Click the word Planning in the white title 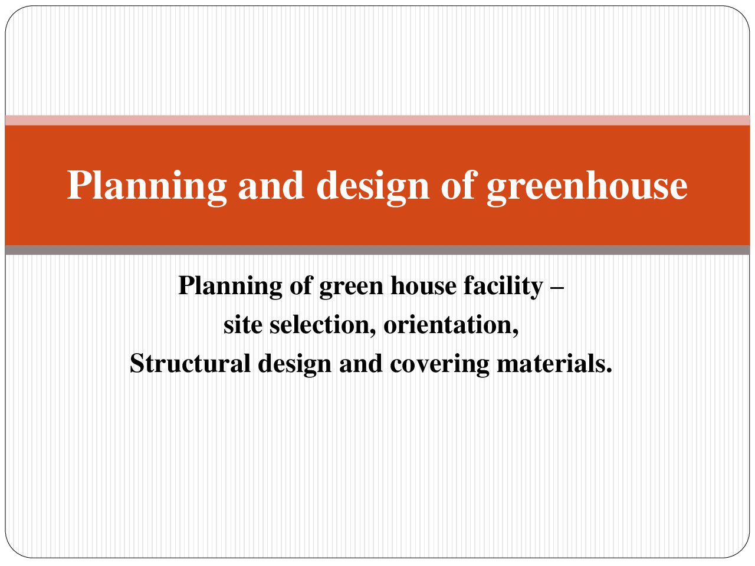tap(147, 187)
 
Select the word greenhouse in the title tap(587, 187)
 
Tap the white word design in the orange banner tap(373, 187)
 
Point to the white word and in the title tap(271, 186)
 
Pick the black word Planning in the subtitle tap(230, 287)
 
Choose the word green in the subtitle tap(351, 289)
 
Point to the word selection tap(323, 325)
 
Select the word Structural tap(190, 364)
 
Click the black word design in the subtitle tap(295, 365)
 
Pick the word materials tap(554, 364)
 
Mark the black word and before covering tap(361, 364)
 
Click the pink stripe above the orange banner tap(377, 121)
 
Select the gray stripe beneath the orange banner tap(377, 250)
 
